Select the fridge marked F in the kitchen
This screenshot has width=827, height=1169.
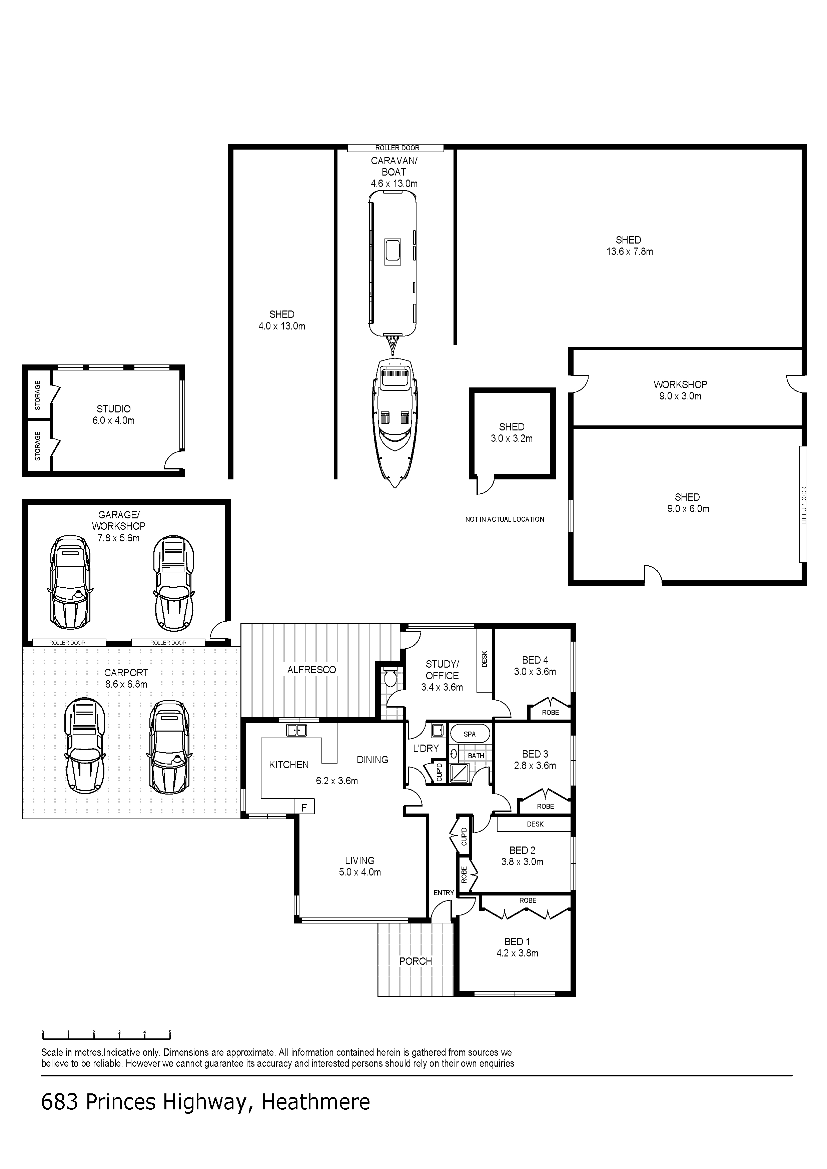pyautogui.click(x=304, y=807)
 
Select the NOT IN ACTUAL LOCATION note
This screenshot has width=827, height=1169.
pyautogui.click(x=505, y=519)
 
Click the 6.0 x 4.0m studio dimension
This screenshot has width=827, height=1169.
pyautogui.click(x=114, y=420)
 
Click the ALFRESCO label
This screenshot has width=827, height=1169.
pyautogui.click(x=311, y=670)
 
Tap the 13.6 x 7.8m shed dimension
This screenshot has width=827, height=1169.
pyautogui.click(x=629, y=252)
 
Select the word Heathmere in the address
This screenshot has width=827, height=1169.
pyautogui.click(x=315, y=1103)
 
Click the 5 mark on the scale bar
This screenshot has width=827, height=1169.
pyautogui.click(x=170, y=1033)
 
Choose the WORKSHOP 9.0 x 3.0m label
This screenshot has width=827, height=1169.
pyautogui.click(x=680, y=390)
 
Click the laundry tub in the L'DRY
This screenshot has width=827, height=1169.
pyautogui.click(x=437, y=731)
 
